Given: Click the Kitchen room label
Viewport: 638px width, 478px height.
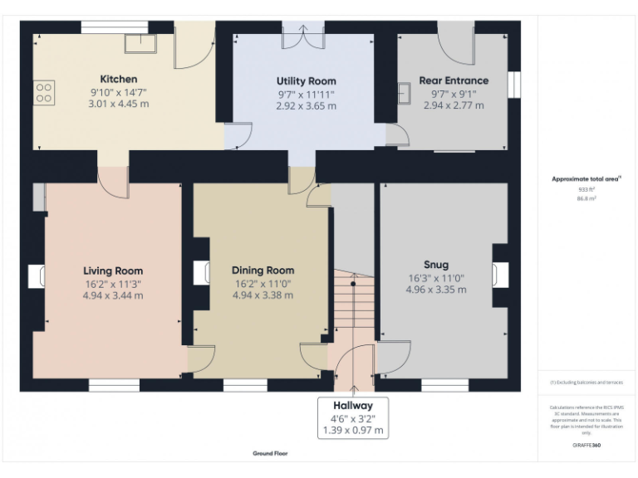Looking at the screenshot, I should [118, 79].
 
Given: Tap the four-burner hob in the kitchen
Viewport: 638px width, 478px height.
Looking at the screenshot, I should [43, 92].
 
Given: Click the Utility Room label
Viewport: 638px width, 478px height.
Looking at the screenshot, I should [306, 81].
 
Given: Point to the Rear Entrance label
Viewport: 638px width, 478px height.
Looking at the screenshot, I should [454, 80].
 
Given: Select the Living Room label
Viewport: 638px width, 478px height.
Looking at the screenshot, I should [112, 271].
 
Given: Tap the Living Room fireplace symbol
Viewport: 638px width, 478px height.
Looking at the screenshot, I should [37, 276].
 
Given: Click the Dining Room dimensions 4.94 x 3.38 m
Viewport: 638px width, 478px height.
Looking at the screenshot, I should [263, 295].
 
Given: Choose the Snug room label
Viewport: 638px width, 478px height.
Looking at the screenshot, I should [435, 265].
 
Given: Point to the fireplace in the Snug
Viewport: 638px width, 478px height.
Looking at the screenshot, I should [500, 276].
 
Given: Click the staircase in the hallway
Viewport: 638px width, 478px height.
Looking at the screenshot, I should [352, 307].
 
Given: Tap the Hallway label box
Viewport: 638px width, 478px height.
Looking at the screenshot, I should [353, 417].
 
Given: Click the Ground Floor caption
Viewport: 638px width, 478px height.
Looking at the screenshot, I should [270, 454].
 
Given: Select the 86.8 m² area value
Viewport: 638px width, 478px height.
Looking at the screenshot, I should [586, 199].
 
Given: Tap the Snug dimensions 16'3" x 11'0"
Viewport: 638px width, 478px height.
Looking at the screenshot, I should [435, 278].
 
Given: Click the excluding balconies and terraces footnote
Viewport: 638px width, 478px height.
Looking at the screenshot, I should [586, 383].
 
